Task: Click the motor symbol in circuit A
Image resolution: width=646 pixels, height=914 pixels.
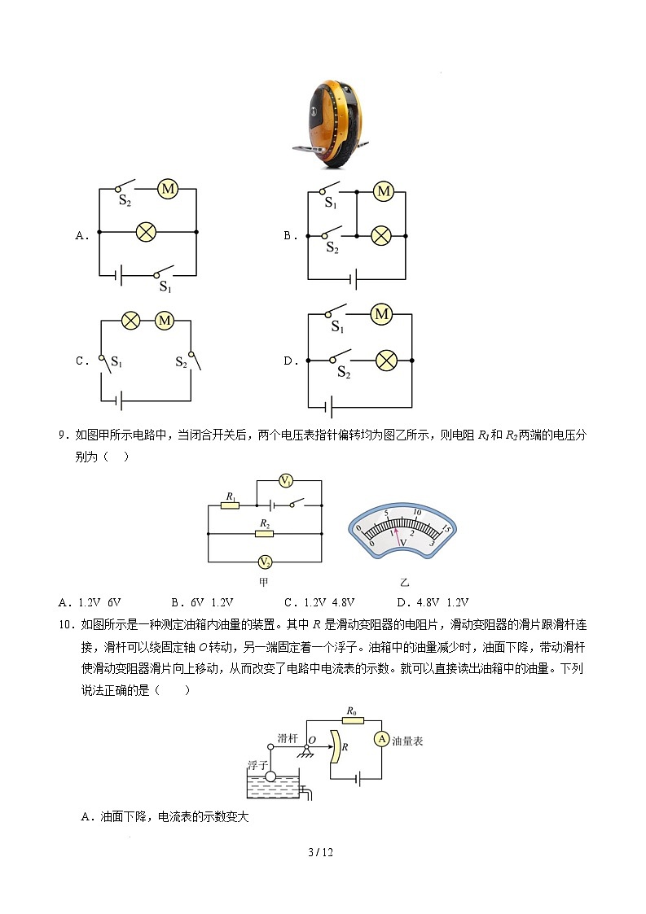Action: [168, 189]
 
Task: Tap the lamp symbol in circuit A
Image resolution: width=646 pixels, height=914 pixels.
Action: [146, 232]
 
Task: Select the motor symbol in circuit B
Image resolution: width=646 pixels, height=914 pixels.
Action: [383, 192]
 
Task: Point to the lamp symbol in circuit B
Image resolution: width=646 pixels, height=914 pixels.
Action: [380, 236]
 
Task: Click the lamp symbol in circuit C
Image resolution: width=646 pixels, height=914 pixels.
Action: [131, 321]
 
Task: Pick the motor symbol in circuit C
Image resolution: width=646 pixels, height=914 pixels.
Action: [165, 321]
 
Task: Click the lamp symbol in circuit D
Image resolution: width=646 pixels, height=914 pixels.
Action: [385, 361]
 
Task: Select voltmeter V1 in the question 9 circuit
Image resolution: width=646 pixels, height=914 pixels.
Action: [287, 481]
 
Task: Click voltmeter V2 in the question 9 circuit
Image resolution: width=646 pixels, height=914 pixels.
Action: [265, 562]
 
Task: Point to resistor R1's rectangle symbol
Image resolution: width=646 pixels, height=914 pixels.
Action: [231, 505]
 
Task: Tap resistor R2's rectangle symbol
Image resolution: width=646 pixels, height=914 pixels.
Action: [263, 533]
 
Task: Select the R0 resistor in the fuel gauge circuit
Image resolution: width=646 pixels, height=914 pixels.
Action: [352, 720]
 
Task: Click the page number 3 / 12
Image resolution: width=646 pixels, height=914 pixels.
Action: [322, 852]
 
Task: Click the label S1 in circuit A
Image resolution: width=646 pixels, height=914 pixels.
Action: [165, 286]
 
